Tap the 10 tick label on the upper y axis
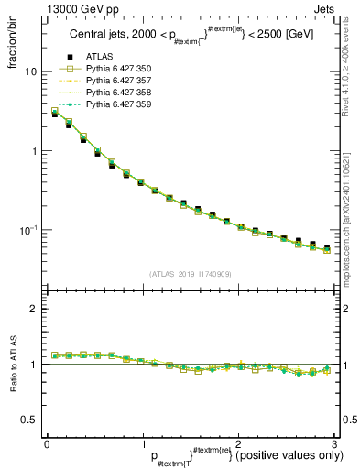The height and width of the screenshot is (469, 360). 31,71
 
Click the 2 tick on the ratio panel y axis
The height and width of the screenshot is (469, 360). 35,309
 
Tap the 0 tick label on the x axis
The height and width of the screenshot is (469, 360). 47,442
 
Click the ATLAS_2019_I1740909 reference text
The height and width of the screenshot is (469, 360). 190,274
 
